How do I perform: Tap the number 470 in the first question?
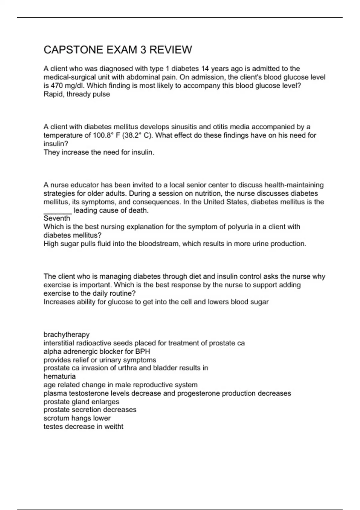tap(57, 86)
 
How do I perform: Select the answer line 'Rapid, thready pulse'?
tap(77, 94)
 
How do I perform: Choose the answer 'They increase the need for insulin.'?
tap(99, 152)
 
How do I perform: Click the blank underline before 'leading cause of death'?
tap(58, 211)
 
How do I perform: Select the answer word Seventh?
tap(57, 218)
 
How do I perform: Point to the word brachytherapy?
tap(67, 334)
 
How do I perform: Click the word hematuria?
tap(60, 376)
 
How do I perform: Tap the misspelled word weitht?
tap(114, 427)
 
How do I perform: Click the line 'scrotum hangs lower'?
tap(77, 418)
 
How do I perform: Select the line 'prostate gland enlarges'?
tap(81, 402)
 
